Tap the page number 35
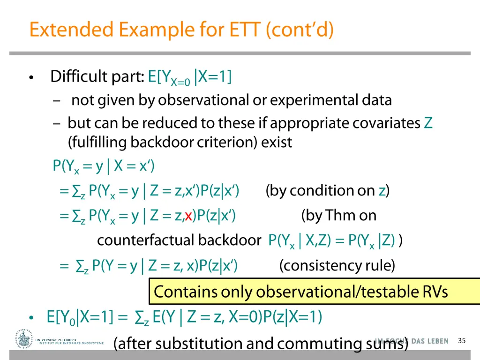[462, 341]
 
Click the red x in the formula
[188, 216]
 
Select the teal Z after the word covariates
[428, 123]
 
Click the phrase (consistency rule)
[337, 266]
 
